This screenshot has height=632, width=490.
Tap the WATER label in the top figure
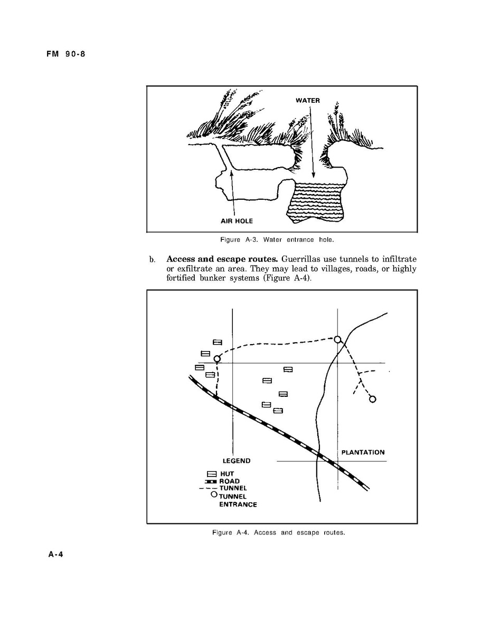307,101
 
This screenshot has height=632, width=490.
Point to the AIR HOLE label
237,221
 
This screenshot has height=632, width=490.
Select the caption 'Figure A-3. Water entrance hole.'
277,240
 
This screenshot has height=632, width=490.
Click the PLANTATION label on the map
363,452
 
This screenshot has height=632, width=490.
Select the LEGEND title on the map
237,461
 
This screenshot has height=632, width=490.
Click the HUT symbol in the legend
212,474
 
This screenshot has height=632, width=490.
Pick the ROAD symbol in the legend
211,481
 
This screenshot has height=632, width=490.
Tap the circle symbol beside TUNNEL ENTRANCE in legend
214,494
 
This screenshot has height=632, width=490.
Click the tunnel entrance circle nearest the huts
216,359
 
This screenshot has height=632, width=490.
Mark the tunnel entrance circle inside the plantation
372,399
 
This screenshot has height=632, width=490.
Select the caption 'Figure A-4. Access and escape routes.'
278,532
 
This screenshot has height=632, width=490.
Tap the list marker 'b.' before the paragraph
152,260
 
